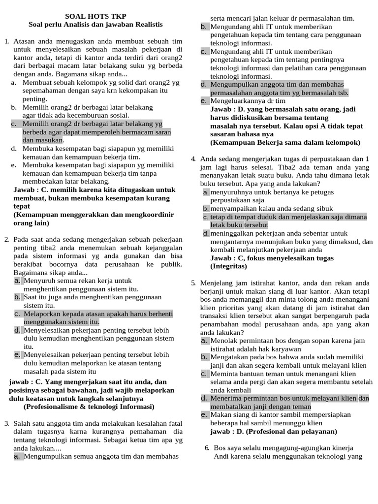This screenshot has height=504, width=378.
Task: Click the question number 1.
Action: click(6, 42)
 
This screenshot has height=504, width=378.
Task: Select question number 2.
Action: click(6, 239)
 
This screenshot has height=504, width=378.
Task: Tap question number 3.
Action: click(6, 423)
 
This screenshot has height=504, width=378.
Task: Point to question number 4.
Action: click(193, 158)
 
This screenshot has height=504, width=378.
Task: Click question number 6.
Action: click(207, 447)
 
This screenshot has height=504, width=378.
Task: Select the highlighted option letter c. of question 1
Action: click(14, 124)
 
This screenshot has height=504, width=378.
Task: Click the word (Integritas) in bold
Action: click(228, 266)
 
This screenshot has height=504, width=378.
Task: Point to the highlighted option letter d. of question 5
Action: click(204, 398)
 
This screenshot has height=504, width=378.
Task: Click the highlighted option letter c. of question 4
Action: click(206, 217)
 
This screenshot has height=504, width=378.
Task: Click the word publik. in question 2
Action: click(171, 264)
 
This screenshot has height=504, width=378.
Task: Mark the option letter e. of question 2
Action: click(17, 354)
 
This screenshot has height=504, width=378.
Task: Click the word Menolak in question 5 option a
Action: click(223, 341)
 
